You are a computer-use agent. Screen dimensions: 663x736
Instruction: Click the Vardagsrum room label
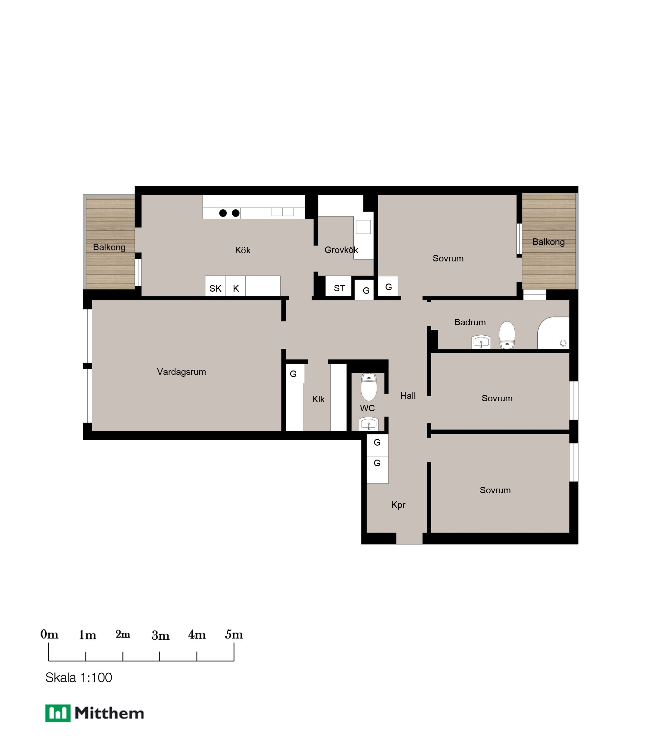click(181, 372)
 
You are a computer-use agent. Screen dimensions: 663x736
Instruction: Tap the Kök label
click(243, 251)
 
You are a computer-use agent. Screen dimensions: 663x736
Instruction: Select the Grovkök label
click(341, 250)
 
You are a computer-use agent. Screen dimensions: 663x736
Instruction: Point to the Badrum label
click(470, 322)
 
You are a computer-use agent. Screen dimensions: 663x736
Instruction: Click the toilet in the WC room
click(369, 387)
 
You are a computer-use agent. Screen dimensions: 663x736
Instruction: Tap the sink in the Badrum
click(481, 342)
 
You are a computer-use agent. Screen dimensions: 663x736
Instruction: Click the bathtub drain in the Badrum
click(563, 343)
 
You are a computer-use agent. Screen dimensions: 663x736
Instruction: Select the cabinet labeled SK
click(215, 286)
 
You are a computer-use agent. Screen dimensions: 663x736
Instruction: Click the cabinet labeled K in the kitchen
click(236, 286)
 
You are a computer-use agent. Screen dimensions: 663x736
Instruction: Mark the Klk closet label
click(318, 399)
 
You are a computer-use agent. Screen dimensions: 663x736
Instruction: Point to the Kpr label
click(398, 505)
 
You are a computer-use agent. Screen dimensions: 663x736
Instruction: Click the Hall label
click(408, 396)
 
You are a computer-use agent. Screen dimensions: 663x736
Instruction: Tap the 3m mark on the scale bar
click(160, 656)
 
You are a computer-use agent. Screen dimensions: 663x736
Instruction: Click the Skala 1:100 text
click(79, 677)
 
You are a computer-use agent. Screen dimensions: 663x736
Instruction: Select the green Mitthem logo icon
click(58, 713)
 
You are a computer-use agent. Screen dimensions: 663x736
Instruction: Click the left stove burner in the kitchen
click(223, 213)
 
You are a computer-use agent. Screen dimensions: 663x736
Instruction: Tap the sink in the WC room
click(369, 424)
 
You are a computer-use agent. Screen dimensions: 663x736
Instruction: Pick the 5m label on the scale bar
click(234, 634)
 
